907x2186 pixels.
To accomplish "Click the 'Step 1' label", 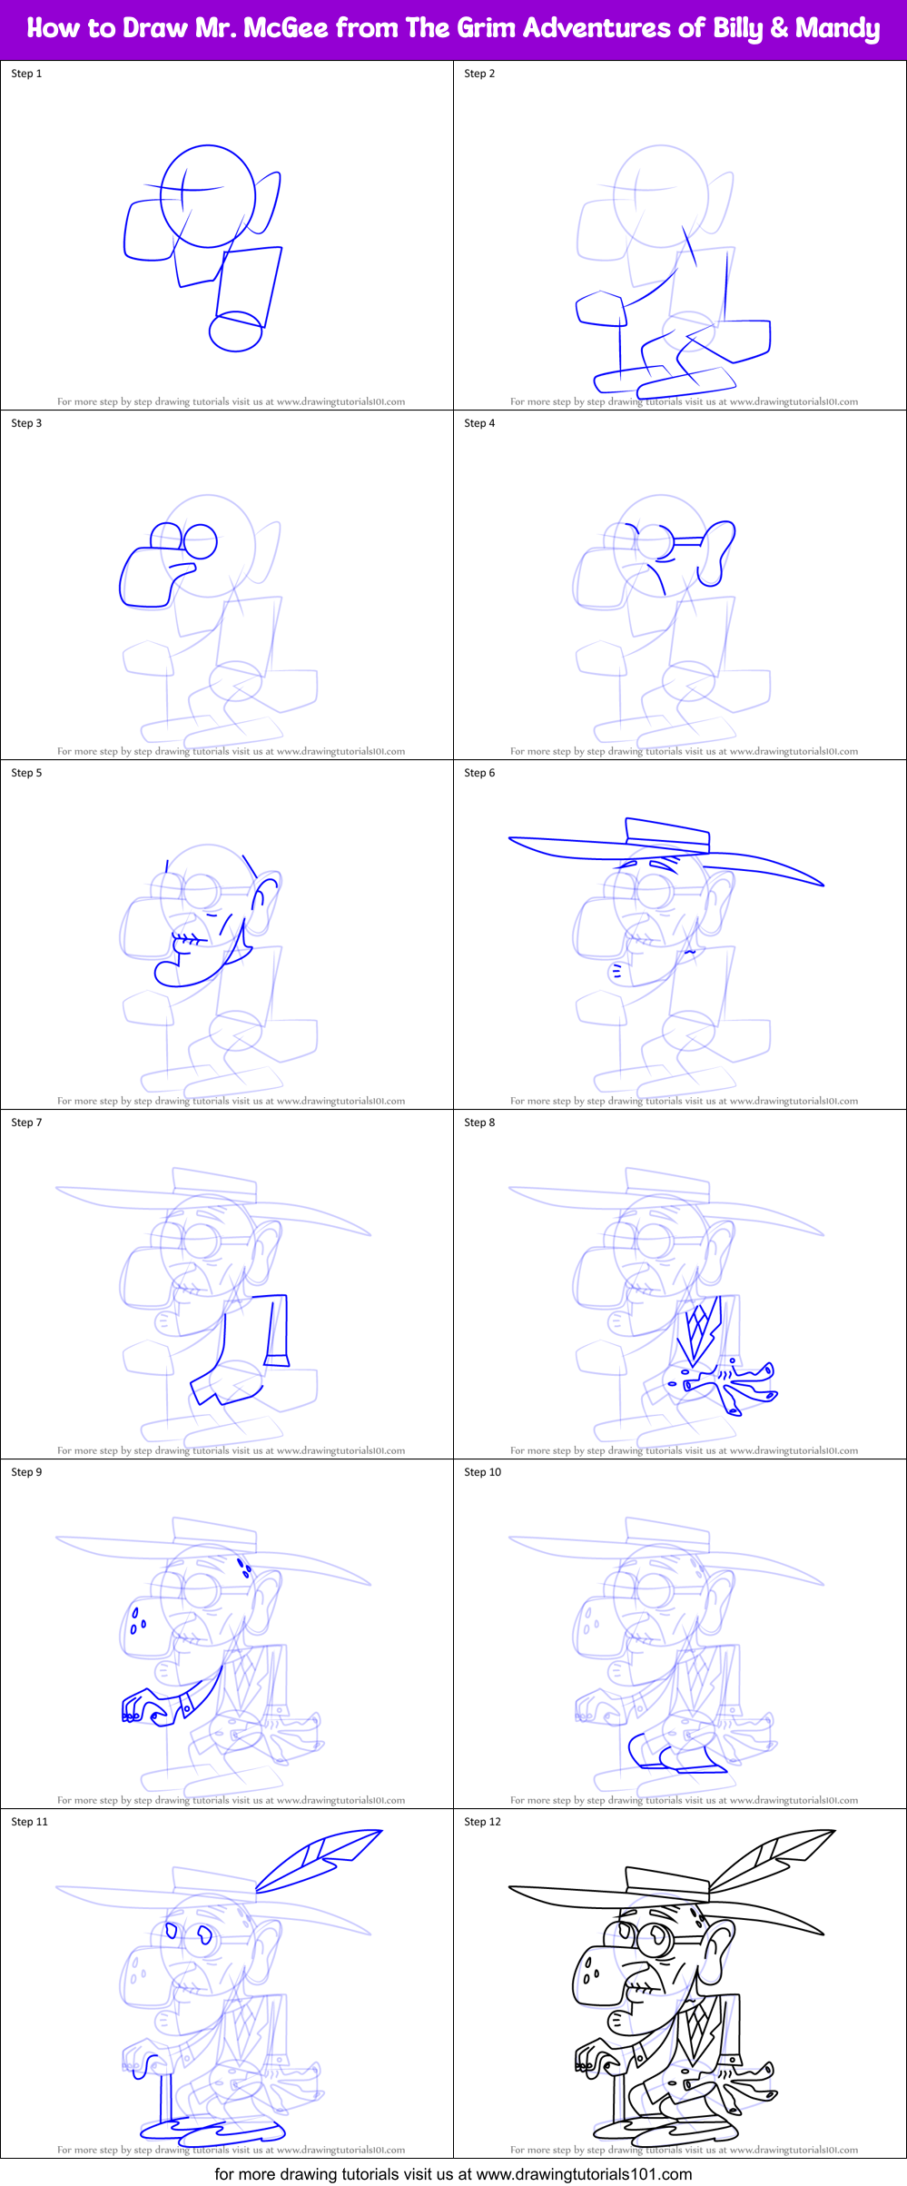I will tap(26, 74).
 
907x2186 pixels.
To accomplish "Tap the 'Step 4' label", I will tap(479, 423).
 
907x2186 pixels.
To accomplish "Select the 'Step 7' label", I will tap(26, 1123).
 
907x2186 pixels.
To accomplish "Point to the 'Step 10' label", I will tap(482, 1472).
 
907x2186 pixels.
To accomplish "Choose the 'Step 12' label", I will tap(482, 1822).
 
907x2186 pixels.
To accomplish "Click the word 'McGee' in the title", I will tap(285, 28).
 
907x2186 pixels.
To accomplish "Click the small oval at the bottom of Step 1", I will tap(235, 331).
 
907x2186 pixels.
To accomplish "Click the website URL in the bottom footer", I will tap(584, 2174).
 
